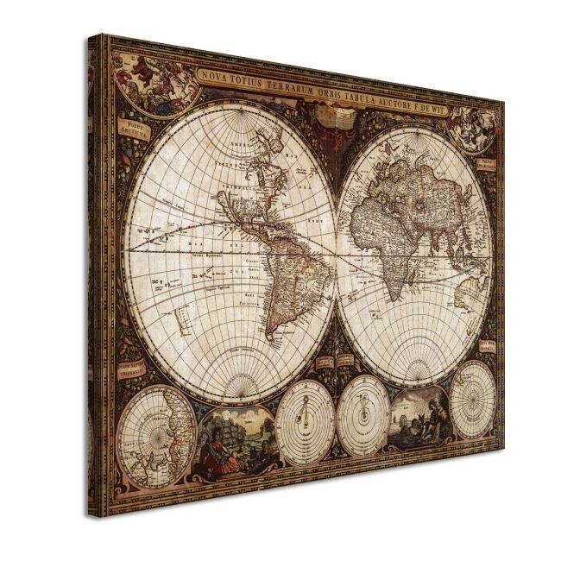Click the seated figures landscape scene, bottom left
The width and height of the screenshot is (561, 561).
pyautogui.click(x=234, y=440)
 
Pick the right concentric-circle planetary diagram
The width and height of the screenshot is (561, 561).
pyautogui.click(x=363, y=415)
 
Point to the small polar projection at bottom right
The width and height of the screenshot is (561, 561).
pyautogui.click(x=472, y=399)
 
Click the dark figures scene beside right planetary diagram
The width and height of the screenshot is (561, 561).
pyautogui.click(x=419, y=418)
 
